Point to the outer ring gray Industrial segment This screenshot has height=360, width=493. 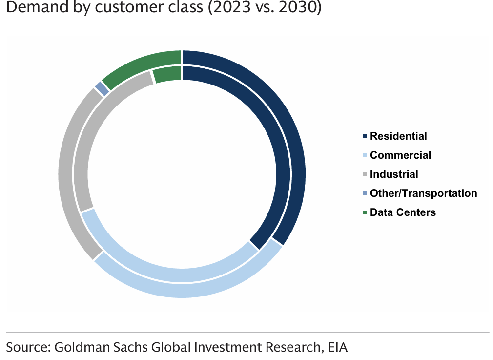66,171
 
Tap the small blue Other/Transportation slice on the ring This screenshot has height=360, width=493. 102,88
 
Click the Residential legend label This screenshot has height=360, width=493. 398,136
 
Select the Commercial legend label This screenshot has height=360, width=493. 400,155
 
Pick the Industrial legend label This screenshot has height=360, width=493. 394,174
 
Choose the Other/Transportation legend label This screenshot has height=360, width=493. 423,193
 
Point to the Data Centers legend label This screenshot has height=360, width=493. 403,212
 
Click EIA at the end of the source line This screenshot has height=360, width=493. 338,347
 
